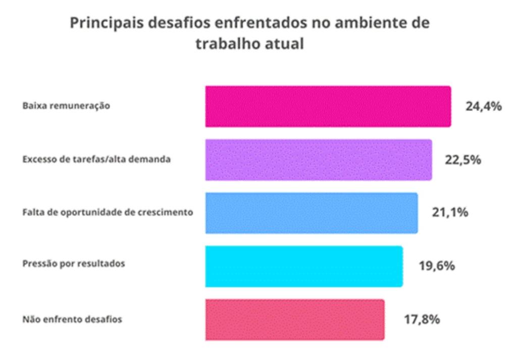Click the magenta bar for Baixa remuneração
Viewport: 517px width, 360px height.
click(328, 107)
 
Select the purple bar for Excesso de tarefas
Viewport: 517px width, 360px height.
click(318, 160)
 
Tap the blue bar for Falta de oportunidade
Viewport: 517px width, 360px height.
click(311, 213)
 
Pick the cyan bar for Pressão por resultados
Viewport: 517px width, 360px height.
click(303, 266)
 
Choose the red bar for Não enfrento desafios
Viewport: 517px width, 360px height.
click(294, 319)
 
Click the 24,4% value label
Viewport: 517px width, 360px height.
click(483, 107)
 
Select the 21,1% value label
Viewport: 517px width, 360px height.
click(449, 213)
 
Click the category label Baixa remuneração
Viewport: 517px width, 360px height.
click(66, 107)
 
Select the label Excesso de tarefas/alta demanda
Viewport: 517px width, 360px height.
click(96, 160)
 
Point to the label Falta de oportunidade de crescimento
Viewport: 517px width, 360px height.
click(108, 213)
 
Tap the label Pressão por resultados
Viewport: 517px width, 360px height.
click(74, 264)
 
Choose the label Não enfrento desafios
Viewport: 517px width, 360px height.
click(72, 319)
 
